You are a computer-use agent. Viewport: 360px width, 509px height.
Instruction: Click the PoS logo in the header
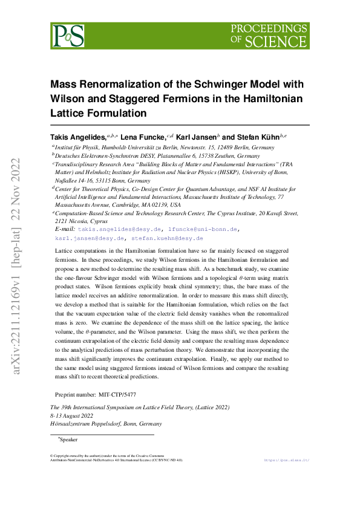click(x=68, y=36)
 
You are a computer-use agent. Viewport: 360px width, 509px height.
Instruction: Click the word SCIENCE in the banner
click(x=283, y=41)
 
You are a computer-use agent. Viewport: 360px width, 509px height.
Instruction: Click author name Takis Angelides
click(x=78, y=138)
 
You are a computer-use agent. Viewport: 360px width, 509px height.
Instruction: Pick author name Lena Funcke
click(x=141, y=138)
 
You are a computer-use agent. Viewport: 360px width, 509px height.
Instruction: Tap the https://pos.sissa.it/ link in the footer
click(x=287, y=460)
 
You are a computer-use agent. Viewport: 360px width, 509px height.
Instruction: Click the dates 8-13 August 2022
click(x=71, y=416)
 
